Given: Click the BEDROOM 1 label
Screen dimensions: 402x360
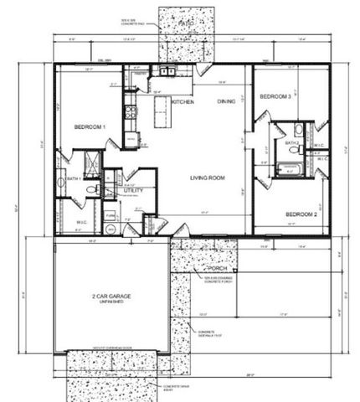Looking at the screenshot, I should click(x=90, y=126).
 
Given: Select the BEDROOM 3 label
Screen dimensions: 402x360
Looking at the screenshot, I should click(x=275, y=97).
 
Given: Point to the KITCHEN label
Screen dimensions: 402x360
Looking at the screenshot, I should click(x=183, y=102).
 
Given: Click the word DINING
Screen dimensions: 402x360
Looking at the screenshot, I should click(x=226, y=102).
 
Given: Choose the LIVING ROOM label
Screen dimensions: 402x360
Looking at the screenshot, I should click(x=208, y=178).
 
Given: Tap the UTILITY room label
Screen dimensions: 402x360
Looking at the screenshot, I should click(x=134, y=192).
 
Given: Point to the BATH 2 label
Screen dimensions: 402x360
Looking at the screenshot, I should click(x=292, y=143).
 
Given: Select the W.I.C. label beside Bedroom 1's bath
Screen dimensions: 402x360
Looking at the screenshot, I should click(x=81, y=222).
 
